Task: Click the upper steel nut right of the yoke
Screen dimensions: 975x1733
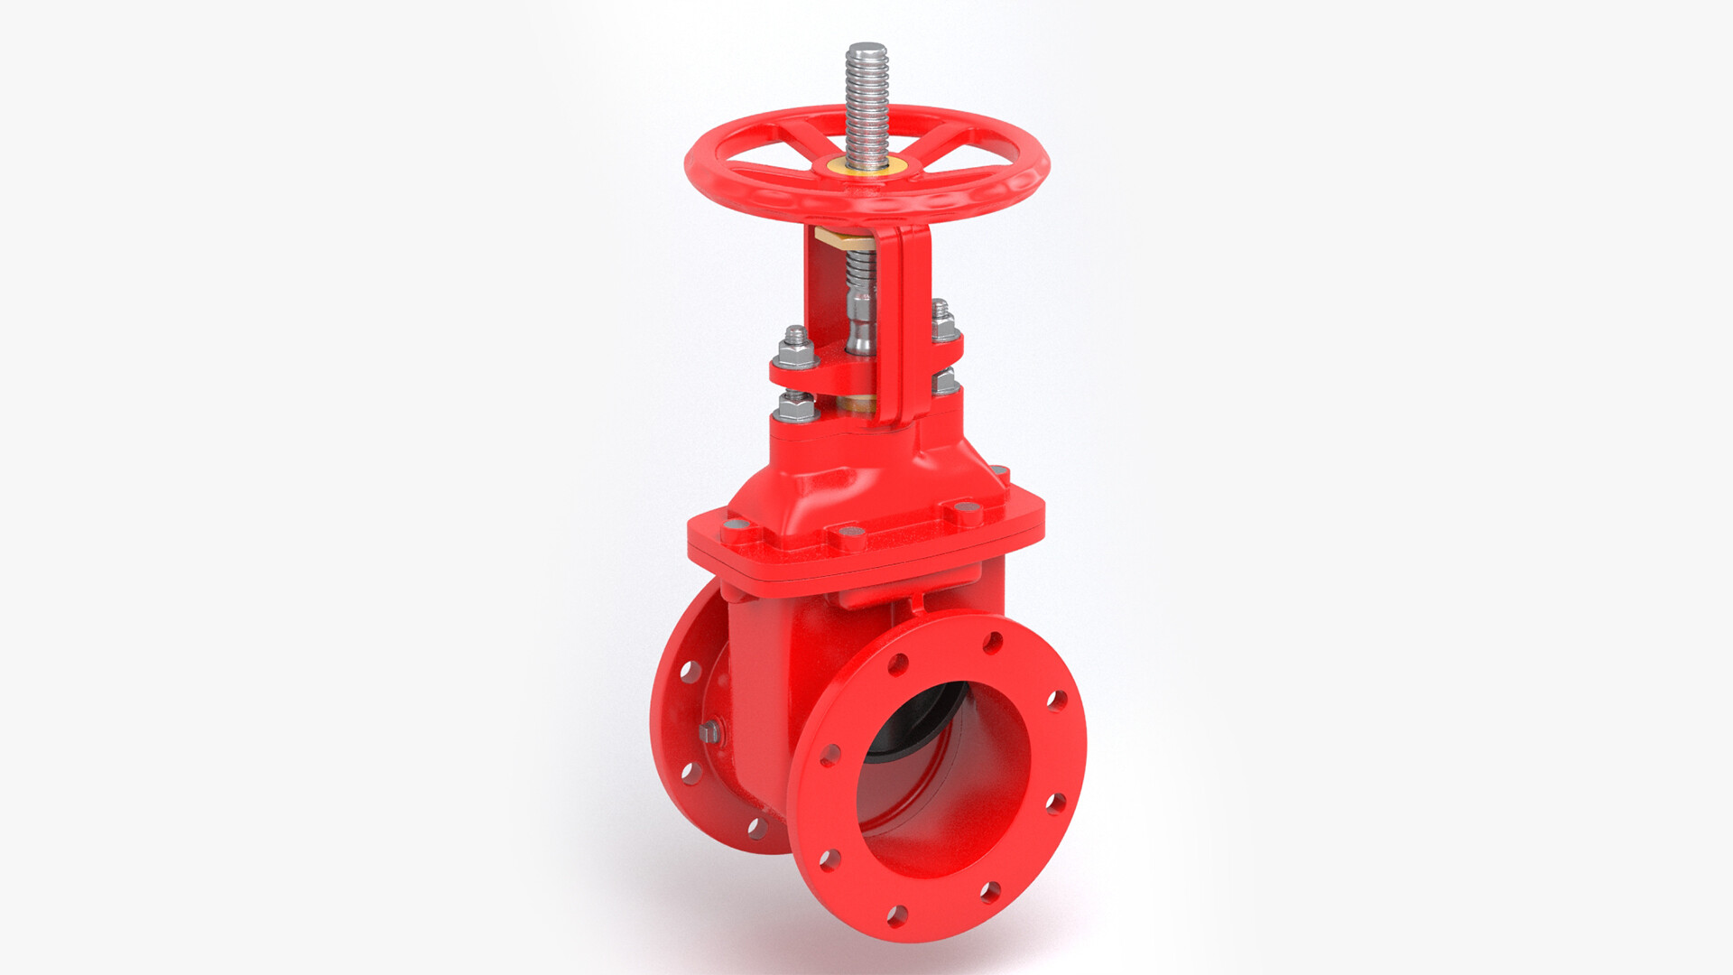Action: [x=941, y=320]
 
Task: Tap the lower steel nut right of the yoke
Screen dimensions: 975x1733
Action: [x=944, y=382]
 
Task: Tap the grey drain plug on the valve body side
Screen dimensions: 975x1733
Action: [x=709, y=731]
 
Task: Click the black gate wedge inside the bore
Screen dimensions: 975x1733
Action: [x=921, y=713]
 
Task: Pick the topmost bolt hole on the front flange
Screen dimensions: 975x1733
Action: [x=993, y=643]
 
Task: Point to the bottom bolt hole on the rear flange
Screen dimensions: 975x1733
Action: [x=757, y=827]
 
